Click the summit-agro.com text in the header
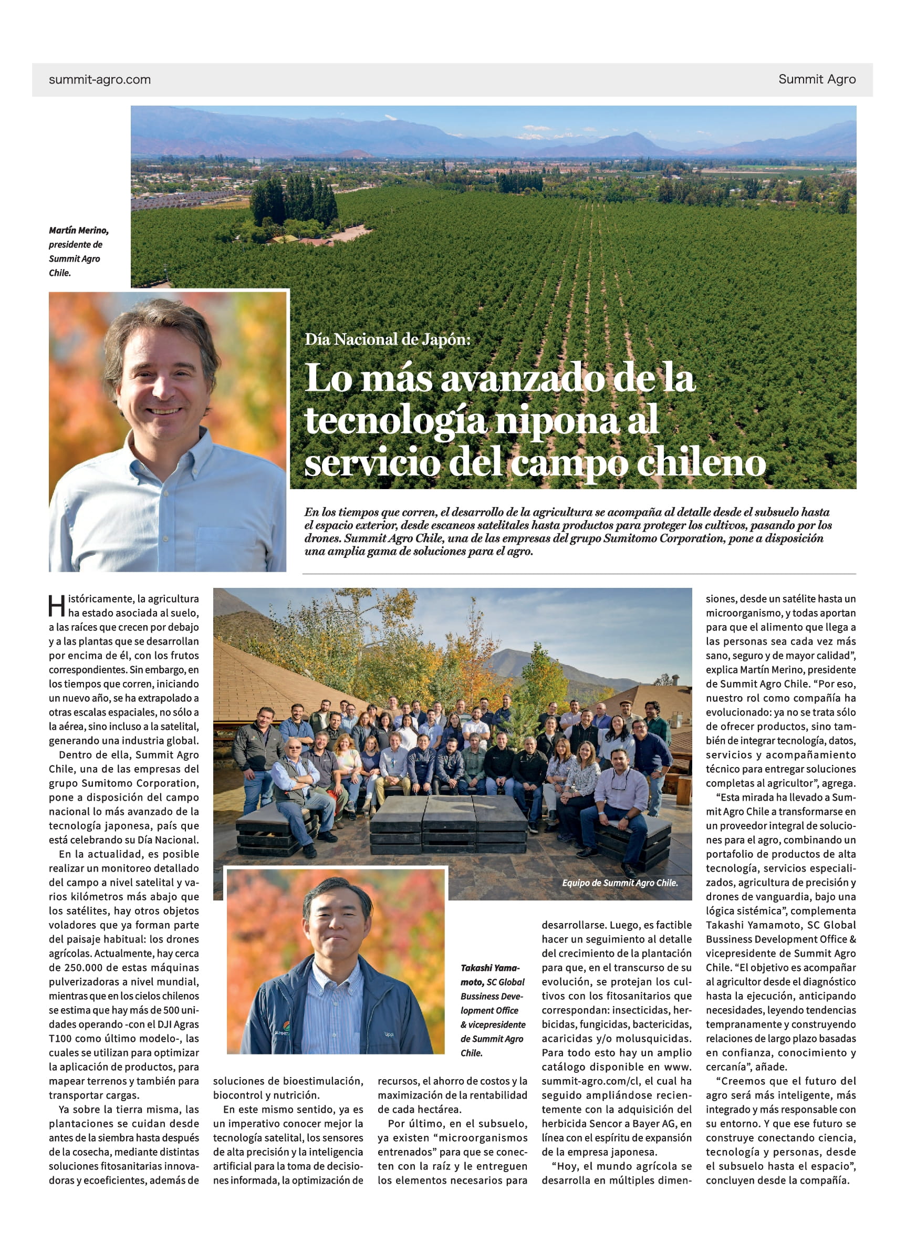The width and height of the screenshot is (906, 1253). coord(99,79)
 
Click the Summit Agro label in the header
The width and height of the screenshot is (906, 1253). coord(817,79)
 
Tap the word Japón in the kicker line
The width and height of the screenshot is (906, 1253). coord(446,339)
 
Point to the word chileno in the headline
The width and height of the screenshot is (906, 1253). coord(701,463)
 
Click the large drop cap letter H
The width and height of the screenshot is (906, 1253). coord(57,606)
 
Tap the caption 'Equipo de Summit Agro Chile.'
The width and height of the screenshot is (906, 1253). coord(619,883)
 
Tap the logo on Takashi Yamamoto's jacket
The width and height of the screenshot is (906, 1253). coord(282,1031)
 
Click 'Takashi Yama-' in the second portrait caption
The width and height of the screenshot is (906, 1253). coord(490,967)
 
